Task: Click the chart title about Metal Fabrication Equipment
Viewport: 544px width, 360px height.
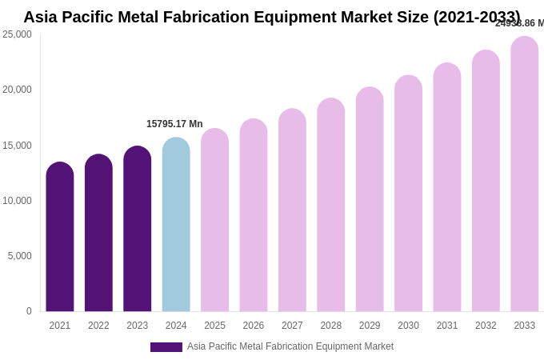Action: tap(271, 17)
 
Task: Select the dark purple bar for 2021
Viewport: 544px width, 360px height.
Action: tap(60, 237)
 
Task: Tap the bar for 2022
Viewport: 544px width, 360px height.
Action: tap(98, 233)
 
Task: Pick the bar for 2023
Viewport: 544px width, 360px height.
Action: tap(138, 229)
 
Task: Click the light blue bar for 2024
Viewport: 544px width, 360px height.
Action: tap(176, 225)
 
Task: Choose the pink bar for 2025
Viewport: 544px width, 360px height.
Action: tap(214, 220)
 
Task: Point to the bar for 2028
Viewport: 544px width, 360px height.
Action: tap(331, 205)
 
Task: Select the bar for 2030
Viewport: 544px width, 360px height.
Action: tap(408, 194)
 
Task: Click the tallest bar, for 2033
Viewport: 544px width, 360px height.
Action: tap(525, 174)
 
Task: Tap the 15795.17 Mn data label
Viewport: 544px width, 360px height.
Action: tap(174, 124)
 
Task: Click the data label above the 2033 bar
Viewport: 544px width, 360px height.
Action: tap(519, 23)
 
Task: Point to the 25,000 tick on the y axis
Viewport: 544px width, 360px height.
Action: tap(17, 34)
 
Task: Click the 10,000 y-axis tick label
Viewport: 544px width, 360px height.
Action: tap(17, 201)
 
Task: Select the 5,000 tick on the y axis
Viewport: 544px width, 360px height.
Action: tap(20, 256)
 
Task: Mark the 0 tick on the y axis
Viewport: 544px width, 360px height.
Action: tap(29, 311)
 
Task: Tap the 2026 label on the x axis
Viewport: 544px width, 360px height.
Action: tap(254, 326)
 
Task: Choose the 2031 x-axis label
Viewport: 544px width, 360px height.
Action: tap(447, 326)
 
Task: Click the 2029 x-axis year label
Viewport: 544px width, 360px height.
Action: tap(370, 326)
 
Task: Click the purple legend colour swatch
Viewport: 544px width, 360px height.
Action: tap(166, 347)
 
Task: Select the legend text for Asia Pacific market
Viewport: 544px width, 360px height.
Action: tap(290, 346)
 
